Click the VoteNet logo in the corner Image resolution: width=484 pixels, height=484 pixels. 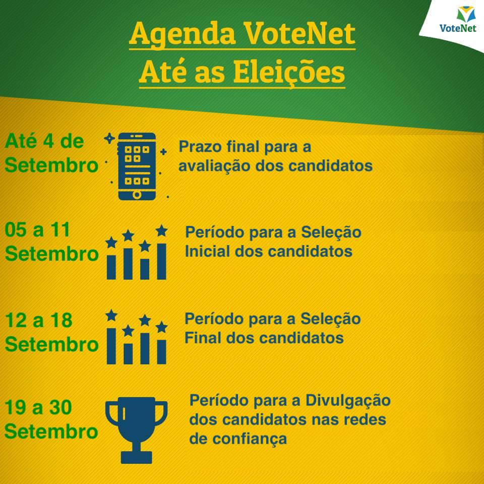tap(458, 20)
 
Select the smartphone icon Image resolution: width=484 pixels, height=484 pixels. tap(137, 166)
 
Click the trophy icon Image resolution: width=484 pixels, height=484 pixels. tap(137, 430)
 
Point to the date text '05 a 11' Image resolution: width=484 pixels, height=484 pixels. tap(37, 230)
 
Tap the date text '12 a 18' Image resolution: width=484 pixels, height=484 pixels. tap(39, 320)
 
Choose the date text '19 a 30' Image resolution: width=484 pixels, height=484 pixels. tap(38, 407)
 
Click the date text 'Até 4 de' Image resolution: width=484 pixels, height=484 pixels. tap(44, 141)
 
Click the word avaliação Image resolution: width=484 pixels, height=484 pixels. tap(215, 166)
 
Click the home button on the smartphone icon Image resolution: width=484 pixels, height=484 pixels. tap(137, 195)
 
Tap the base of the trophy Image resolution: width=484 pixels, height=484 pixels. tap(137, 457)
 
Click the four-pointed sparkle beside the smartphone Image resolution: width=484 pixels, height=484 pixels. tap(109, 138)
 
